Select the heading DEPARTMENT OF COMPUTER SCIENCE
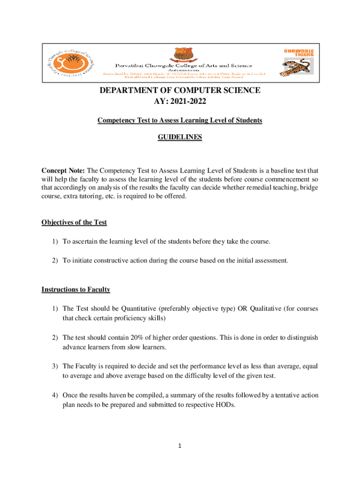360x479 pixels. tap(180, 91)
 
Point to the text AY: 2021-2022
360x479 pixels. tap(180, 102)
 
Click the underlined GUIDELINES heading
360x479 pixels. tap(180, 138)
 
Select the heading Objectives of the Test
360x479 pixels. tap(74, 222)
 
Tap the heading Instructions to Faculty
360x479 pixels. tap(76, 290)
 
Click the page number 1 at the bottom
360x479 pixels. tap(180, 446)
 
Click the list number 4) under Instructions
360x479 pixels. tap(55, 395)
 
